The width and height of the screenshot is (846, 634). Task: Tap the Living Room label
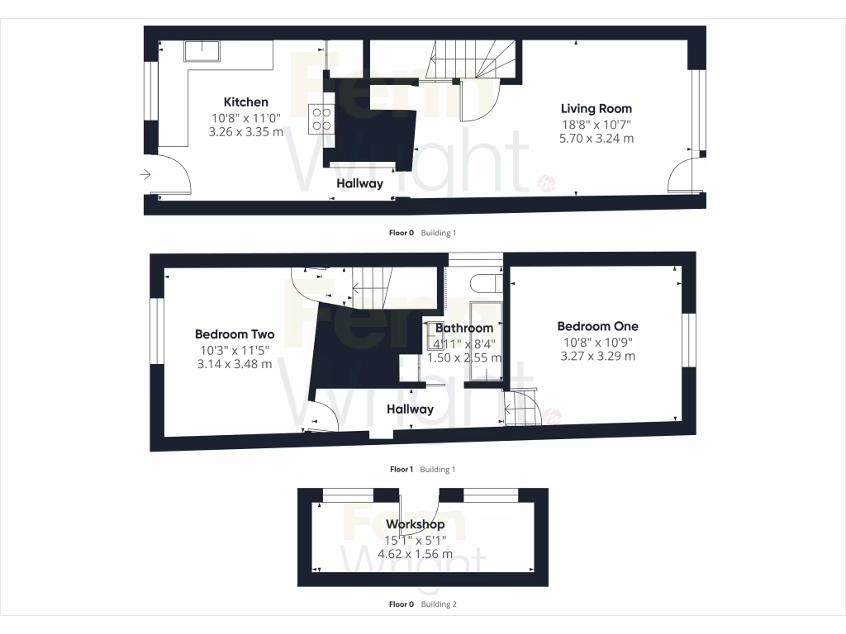(596, 108)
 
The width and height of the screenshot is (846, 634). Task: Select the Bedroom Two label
(235, 334)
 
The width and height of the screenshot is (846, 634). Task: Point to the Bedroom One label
(597, 326)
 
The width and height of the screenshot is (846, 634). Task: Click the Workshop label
(415, 524)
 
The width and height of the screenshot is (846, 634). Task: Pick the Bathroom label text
(464, 328)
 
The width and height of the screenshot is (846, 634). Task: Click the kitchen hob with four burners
(321, 119)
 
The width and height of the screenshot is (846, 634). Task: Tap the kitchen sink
(202, 51)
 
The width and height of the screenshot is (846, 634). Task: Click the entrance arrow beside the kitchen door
(145, 174)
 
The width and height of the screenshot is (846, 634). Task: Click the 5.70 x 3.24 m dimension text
(596, 138)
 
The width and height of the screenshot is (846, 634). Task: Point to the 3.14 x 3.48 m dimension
(235, 364)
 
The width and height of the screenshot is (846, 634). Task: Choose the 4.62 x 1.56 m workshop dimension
(415, 554)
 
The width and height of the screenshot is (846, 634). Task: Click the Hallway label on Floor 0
(359, 183)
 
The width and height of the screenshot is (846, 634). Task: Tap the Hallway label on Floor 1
(410, 409)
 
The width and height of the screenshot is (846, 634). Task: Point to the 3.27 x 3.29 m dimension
(597, 356)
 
